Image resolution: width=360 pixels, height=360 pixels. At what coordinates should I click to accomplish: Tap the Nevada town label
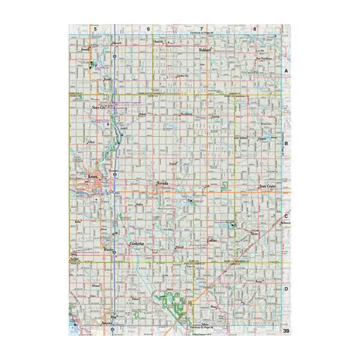tap(163, 182)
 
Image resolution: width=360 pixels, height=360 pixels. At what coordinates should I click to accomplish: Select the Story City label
tap(100, 107)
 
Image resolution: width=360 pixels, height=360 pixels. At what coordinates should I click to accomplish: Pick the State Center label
tap(267, 187)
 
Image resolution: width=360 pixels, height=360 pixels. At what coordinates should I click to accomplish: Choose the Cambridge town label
tap(138, 244)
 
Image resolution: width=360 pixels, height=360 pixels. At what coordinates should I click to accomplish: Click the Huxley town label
tap(109, 249)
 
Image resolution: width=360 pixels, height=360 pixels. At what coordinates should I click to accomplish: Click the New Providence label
tap(264, 59)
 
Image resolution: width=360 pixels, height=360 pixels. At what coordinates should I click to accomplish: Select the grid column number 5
tap(95, 28)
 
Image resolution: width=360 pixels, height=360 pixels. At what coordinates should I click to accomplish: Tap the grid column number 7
tap(201, 28)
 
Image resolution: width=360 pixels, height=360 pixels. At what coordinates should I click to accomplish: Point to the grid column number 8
tap(254, 28)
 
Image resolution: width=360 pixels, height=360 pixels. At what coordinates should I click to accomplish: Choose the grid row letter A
tap(286, 71)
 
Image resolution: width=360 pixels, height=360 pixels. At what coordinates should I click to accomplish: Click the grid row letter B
tap(286, 144)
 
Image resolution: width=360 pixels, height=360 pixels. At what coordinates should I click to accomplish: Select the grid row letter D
tap(286, 289)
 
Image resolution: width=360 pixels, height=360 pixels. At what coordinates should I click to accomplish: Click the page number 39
tap(286, 331)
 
